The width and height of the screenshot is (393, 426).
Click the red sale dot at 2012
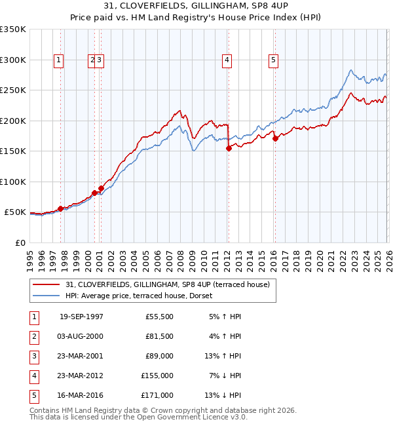click(x=229, y=149)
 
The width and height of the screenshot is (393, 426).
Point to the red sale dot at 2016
click(x=275, y=138)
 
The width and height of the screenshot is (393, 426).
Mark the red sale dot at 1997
click(x=61, y=208)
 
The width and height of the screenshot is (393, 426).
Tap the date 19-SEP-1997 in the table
click(x=81, y=317)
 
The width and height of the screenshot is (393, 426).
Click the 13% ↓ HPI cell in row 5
click(x=223, y=395)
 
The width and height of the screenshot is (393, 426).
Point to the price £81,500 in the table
click(x=159, y=336)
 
